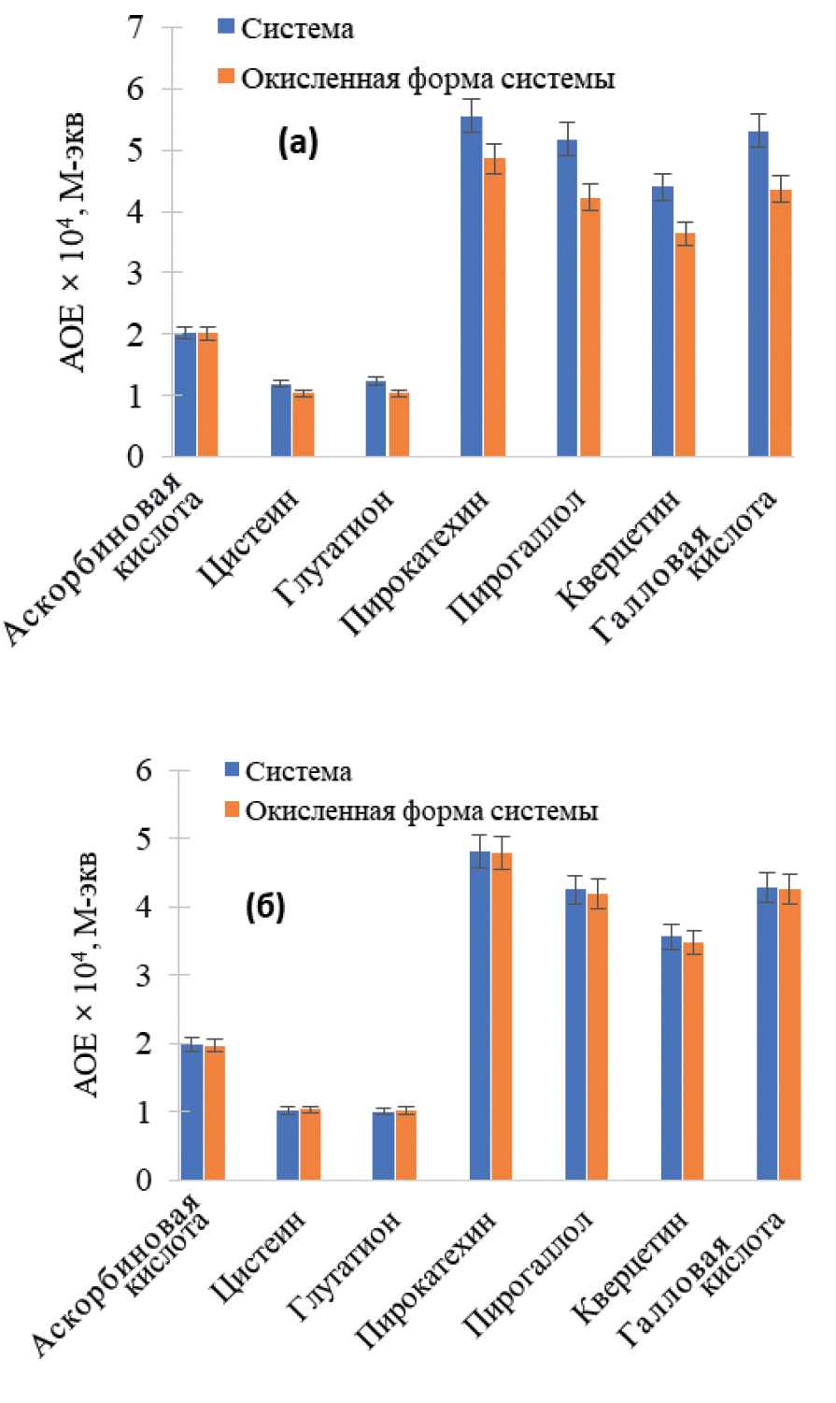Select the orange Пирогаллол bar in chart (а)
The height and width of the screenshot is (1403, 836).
(x=589, y=327)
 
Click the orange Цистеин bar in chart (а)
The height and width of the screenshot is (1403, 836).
(x=304, y=424)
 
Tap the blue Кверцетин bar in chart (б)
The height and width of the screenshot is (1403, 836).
(x=672, y=1057)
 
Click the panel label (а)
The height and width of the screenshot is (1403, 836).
(x=298, y=143)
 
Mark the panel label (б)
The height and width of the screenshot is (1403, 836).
(x=265, y=908)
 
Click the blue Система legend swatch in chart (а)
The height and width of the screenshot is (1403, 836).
(x=225, y=27)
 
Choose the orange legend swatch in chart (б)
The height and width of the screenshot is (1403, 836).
(x=233, y=809)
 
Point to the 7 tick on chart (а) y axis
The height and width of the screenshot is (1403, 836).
(x=137, y=28)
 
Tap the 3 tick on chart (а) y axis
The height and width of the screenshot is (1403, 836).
(x=137, y=273)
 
